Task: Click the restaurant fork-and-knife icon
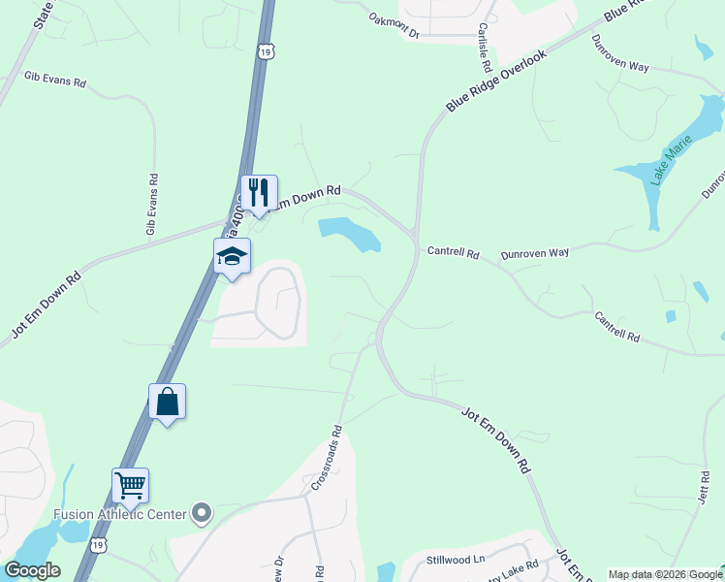pyautogui.click(x=259, y=191)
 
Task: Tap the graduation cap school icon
pyautogui.click(x=232, y=255)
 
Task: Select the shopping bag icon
pyautogui.click(x=167, y=401)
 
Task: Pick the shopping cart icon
pyautogui.click(x=130, y=485)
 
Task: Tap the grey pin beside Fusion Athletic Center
pyautogui.click(x=202, y=512)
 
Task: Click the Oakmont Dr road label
pyautogui.click(x=394, y=25)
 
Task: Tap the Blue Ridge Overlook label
pyautogui.click(x=496, y=81)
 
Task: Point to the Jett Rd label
pyautogui.click(x=703, y=486)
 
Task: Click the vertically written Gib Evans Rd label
pyautogui.click(x=151, y=205)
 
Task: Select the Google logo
pyautogui.click(x=32, y=570)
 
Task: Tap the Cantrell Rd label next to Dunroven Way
pyautogui.click(x=453, y=253)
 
